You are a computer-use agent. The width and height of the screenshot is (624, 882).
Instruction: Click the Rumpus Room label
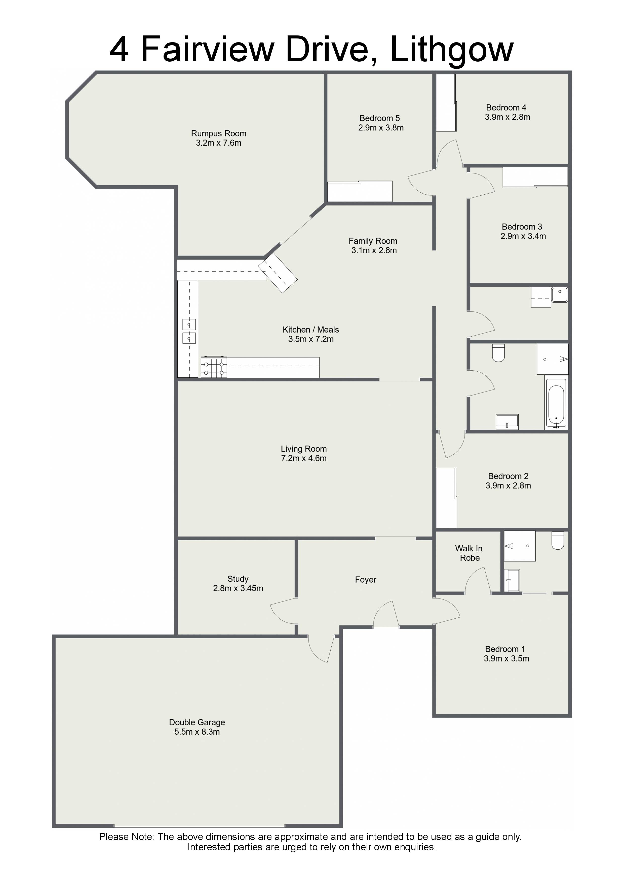point(218,134)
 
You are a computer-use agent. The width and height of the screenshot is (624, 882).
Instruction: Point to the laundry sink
point(559,295)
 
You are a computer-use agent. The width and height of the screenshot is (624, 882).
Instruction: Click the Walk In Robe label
point(469,553)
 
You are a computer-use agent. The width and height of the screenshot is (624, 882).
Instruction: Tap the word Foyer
point(365,580)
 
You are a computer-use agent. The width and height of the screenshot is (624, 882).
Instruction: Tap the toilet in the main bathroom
point(498,353)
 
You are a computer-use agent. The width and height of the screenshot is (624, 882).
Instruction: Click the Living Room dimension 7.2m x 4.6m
point(304,458)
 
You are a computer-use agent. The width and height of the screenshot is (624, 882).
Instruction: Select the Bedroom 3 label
point(522,227)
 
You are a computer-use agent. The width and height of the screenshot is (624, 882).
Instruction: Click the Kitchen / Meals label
point(311,330)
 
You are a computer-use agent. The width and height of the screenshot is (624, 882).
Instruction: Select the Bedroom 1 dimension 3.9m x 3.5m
point(506,658)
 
